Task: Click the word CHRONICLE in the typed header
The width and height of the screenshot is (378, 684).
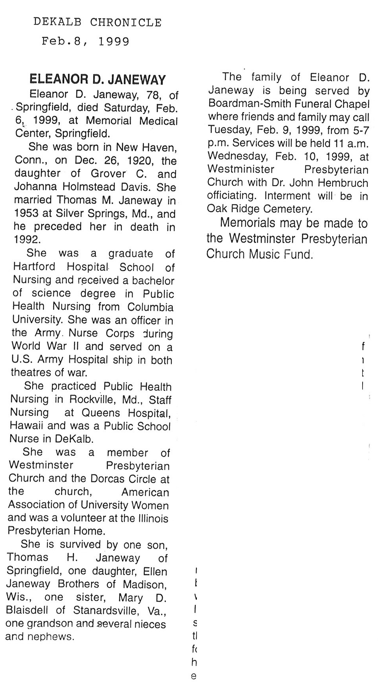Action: click(126, 22)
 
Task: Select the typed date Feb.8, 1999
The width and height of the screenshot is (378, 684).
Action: click(85, 41)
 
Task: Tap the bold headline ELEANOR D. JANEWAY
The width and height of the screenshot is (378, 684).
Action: click(97, 80)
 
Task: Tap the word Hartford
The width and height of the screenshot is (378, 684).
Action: click(34, 267)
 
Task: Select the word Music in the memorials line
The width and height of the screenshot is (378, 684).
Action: click(271, 254)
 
